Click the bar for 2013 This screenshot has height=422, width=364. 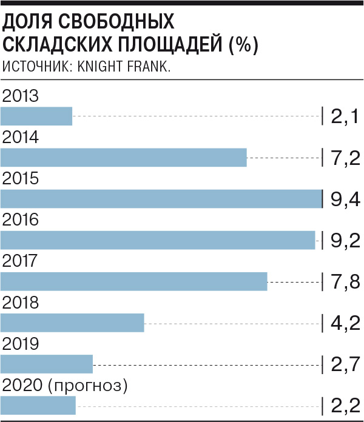pyautogui.click(x=36, y=116)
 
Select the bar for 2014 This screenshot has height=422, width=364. pyautogui.click(x=124, y=157)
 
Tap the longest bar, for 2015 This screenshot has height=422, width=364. pyautogui.click(x=161, y=199)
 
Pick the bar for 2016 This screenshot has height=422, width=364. pyautogui.click(x=158, y=240)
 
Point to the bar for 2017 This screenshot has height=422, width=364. pyautogui.click(x=134, y=281)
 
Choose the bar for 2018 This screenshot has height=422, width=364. pyautogui.click(x=72, y=323)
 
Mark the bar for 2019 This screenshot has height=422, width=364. pyautogui.click(x=47, y=364)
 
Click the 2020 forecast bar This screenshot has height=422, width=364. pyautogui.click(x=38, y=405)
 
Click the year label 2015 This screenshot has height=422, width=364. pyautogui.click(x=21, y=179)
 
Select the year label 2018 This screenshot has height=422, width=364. pyautogui.click(x=21, y=303)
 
